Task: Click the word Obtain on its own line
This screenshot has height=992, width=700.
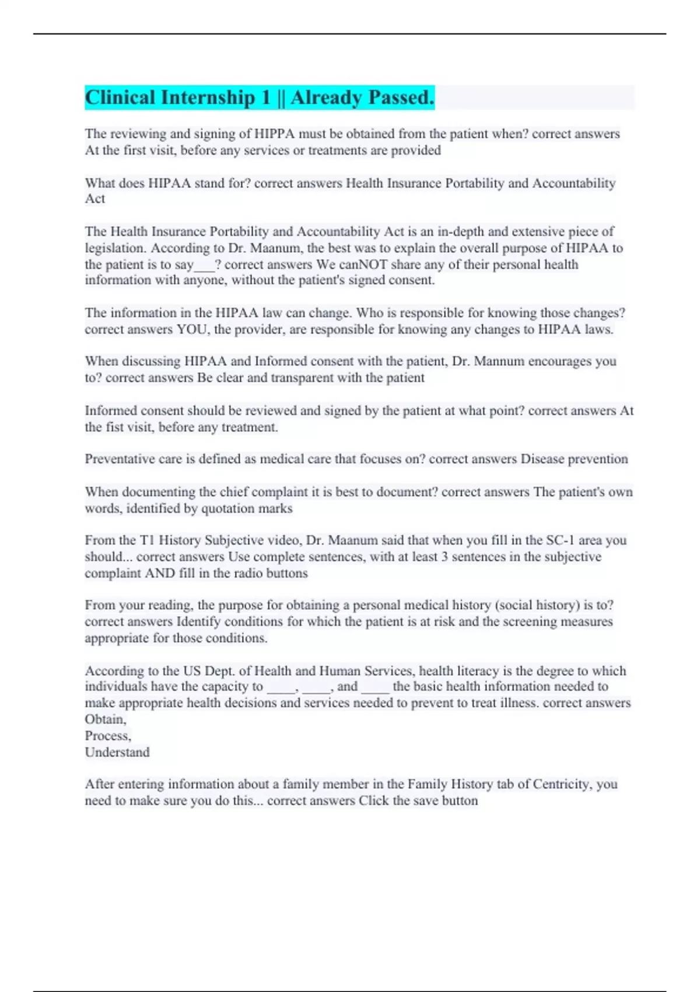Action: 104,719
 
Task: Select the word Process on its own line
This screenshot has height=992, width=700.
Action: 107,736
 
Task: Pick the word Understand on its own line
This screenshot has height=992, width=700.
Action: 117,752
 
